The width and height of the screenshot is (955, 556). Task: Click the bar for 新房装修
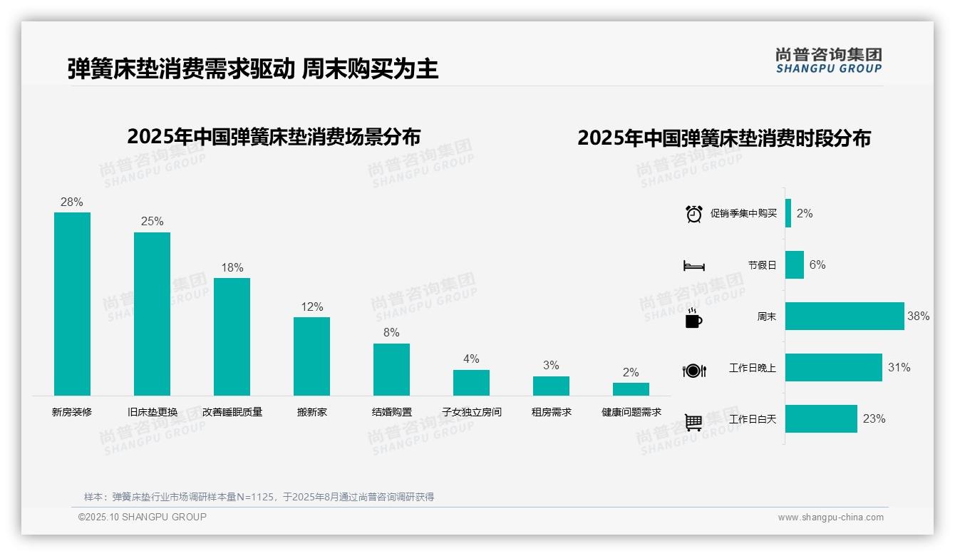click(72, 304)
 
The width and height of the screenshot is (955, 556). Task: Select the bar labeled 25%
click(152, 314)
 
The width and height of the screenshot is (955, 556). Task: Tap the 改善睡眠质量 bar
click(232, 336)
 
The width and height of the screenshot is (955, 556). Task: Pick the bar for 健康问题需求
click(631, 389)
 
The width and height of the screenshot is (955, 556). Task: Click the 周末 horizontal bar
click(845, 316)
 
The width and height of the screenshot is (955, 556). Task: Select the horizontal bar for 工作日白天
click(821, 418)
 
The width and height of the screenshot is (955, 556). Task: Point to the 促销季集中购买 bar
click(788, 213)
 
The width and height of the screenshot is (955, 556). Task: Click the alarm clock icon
click(694, 213)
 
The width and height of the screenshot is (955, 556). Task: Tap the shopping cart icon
click(693, 422)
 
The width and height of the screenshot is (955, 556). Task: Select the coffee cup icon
click(693, 319)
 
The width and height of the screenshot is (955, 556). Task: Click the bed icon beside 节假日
click(693, 266)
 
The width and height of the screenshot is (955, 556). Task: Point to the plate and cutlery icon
click(693, 370)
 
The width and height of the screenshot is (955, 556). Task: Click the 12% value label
click(311, 307)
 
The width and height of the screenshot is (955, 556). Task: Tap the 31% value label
click(899, 367)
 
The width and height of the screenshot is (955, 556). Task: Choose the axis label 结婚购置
click(391, 412)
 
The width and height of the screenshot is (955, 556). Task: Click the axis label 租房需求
click(551, 412)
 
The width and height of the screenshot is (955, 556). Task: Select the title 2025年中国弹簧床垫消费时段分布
click(724, 138)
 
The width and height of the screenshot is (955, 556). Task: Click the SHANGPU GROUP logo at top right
click(828, 61)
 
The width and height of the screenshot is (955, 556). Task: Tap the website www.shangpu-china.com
click(830, 518)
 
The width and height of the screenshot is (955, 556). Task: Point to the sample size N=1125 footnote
click(259, 497)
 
